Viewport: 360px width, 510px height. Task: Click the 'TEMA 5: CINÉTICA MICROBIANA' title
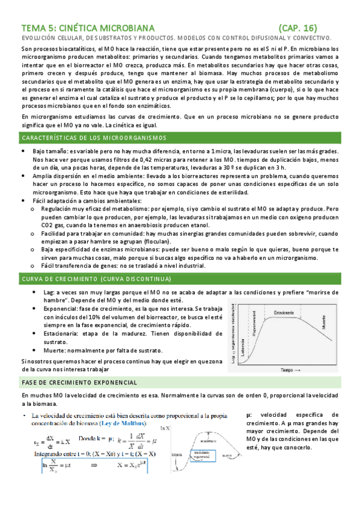tap(88, 28)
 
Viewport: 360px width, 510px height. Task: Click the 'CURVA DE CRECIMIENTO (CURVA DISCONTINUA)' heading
tap(96, 279)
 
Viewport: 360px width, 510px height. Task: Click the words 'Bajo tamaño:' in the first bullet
tap(50, 151)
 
